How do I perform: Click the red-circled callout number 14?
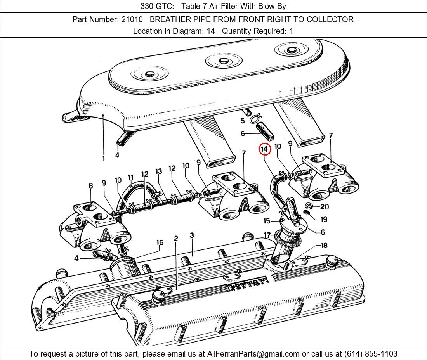coord(264,149)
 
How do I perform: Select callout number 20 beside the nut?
coord(325,207)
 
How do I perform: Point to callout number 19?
coord(324,219)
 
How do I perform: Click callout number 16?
coord(160,242)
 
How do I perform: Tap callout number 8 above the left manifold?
coord(91,186)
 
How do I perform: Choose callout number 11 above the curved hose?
coord(130,179)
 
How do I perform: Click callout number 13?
coord(158,171)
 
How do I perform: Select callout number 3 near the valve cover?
coord(192,235)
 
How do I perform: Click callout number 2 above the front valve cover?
coord(176,238)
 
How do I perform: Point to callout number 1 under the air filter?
coord(104,158)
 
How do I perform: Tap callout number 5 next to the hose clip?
coord(242,121)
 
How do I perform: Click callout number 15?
coord(267,221)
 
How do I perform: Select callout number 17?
coord(267,235)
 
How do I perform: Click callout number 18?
coord(324,246)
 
